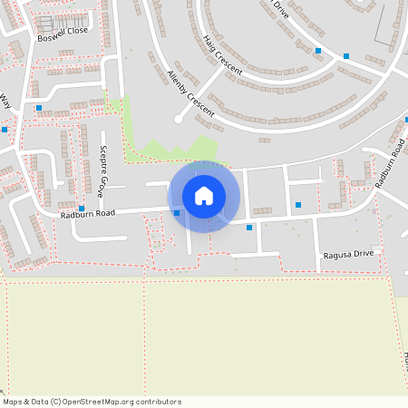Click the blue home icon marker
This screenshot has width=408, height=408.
204,196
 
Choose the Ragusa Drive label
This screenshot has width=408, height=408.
348,256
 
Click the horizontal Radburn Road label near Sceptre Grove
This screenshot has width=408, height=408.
88,214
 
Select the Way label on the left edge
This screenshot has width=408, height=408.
5,100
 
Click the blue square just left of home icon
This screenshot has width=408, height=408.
177,213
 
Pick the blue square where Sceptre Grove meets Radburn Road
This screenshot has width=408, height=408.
82,209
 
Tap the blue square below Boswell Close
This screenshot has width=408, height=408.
39,108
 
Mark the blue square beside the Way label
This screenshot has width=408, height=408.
5,130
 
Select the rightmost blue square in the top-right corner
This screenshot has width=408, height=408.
346,56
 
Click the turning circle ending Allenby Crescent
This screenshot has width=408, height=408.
179,119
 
